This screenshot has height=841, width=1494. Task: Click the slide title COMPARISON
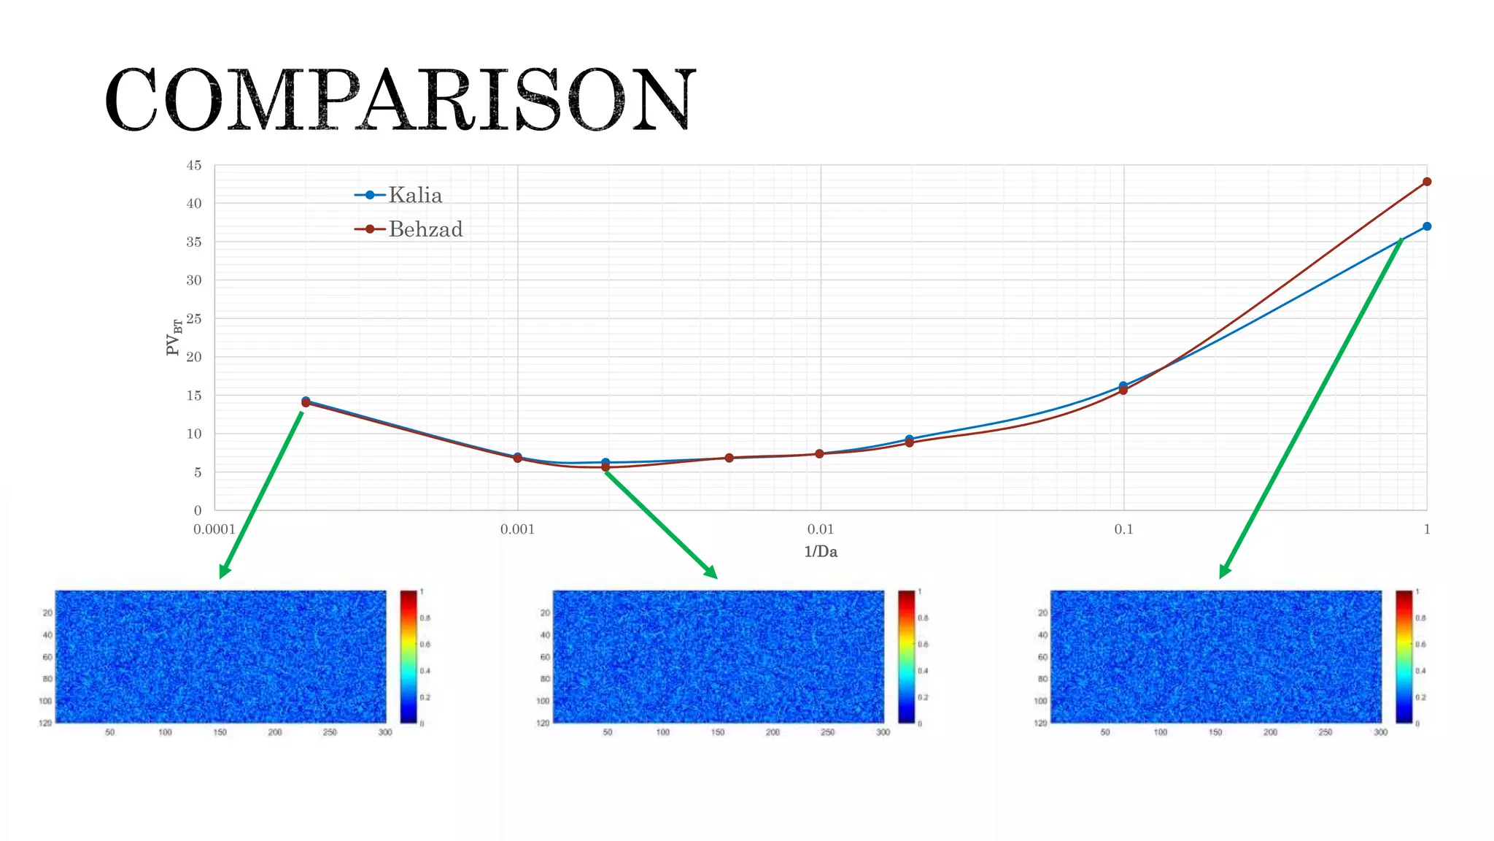400,99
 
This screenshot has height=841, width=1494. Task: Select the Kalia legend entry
414,195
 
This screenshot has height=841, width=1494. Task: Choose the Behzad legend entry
425,229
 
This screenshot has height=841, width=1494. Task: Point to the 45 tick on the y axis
194,166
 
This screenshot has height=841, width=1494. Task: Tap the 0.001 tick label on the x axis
517,529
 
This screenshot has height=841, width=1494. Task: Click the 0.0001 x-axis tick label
214,529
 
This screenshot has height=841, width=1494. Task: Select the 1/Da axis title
821,552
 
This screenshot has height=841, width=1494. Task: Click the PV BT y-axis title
174,337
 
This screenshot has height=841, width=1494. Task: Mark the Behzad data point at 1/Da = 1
1427,182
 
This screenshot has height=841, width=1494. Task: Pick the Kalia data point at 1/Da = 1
1427,226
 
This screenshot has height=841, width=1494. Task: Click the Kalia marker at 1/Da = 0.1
1123,385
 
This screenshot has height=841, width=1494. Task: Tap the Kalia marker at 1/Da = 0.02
909,439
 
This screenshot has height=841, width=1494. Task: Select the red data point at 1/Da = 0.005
729,458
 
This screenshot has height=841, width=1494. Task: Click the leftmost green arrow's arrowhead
224,572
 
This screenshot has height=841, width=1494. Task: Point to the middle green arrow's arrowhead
711,573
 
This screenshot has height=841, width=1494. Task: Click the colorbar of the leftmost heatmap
409,656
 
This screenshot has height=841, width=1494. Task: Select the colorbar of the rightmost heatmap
1404,656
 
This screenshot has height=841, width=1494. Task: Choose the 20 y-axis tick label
194,357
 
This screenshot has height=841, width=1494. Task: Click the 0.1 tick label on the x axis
1123,529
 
